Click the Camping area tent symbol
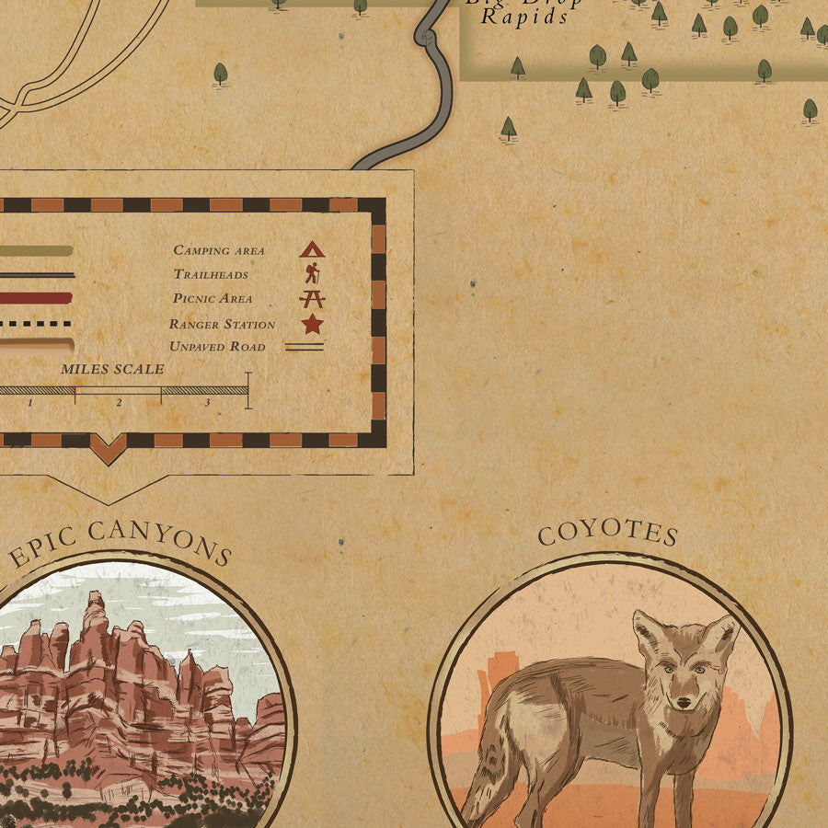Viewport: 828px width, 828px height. point(311,248)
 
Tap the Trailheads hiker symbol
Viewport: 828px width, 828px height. point(312,272)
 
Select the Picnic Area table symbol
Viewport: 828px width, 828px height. point(312,298)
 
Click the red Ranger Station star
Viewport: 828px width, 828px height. point(312,324)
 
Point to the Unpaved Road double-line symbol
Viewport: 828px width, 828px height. point(304,347)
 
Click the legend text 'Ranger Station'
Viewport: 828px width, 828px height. point(222,324)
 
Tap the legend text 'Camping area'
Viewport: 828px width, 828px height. point(218,250)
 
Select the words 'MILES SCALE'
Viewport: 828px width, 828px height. point(112,369)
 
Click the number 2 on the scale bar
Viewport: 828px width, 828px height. point(119,403)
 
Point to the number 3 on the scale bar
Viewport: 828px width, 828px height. point(207,403)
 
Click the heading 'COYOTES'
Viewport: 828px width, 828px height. point(608,534)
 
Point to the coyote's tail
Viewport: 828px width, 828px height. point(478,782)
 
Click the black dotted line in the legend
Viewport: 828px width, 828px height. point(37,323)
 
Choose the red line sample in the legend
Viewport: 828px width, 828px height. point(37,298)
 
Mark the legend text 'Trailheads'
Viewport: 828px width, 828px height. point(211,274)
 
